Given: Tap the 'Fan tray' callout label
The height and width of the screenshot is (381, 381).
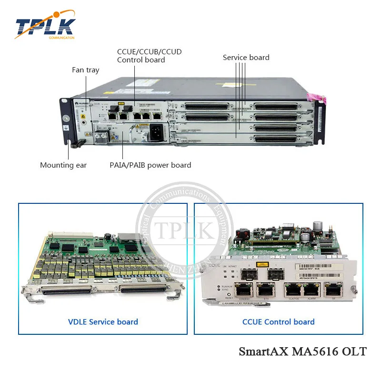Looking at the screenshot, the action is click(86, 70).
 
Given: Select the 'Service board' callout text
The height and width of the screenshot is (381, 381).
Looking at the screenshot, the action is click(246, 58).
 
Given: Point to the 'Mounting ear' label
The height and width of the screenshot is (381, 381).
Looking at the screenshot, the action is click(63, 165).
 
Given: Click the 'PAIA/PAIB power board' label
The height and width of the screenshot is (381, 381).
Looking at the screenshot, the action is click(150, 165).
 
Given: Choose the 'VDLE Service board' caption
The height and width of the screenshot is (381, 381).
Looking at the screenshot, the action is click(103, 322).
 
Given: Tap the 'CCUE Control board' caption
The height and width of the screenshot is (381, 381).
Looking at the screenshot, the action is click(278, 322).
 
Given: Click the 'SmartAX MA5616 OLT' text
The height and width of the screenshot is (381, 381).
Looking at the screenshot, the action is click(302, 352).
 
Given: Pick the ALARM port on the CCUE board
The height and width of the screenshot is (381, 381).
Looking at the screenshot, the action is click(311, 290).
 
